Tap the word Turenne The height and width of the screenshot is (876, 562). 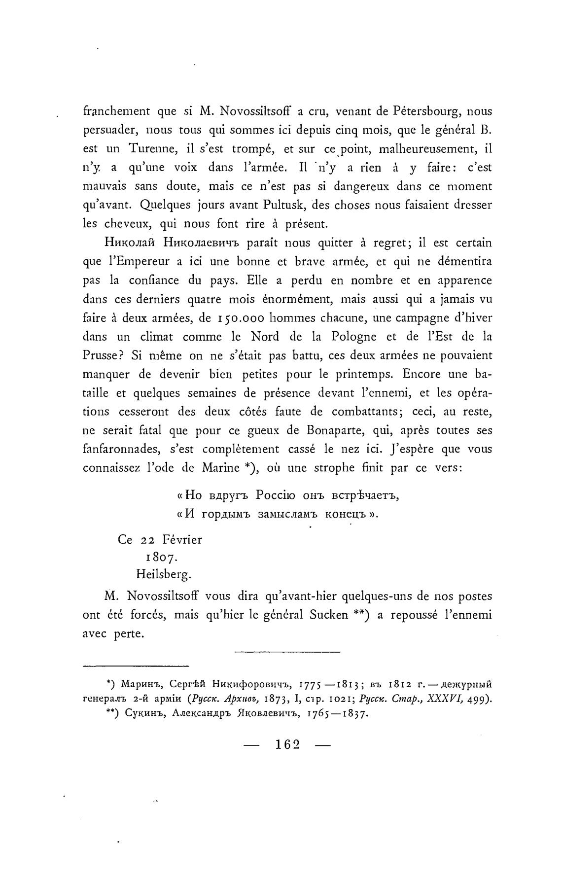(x=152, y=149)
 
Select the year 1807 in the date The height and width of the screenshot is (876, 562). (x=159, y=558)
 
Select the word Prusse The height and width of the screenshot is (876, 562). (x=100, y=355)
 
